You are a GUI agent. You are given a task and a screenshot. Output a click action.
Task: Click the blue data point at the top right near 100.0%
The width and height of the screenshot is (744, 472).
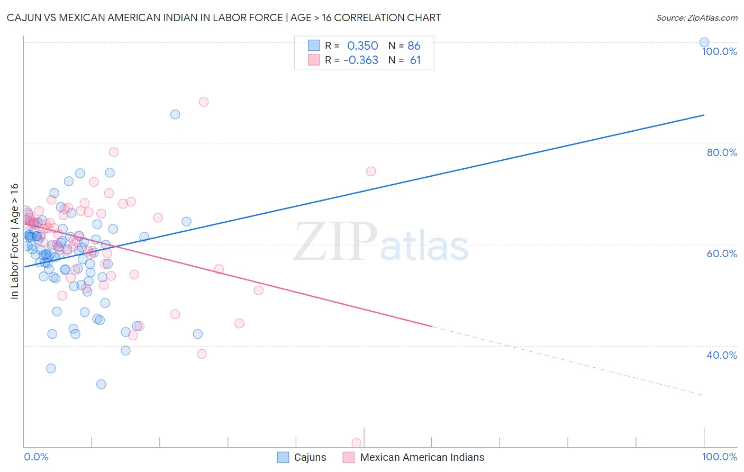704,42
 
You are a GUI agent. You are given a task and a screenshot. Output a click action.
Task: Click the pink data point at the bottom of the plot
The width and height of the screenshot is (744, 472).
357,443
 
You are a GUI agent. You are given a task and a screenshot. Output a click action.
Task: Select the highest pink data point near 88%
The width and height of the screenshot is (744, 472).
204,102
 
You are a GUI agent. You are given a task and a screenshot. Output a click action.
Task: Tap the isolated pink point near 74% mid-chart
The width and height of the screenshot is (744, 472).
371,171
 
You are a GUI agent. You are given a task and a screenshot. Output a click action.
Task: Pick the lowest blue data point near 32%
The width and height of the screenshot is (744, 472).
101,384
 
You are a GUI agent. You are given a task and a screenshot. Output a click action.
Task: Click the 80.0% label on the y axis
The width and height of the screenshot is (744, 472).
722,152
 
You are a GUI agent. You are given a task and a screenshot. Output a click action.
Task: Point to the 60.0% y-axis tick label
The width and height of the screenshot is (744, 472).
722,253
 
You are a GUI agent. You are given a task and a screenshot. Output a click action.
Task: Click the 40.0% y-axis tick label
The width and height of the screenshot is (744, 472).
722,355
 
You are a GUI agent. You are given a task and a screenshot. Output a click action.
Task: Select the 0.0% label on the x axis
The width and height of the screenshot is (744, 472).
36,457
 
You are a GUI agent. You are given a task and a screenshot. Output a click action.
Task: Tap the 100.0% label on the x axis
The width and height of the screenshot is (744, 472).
719,457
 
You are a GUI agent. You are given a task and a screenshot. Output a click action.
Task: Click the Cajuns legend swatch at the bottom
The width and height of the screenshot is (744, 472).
283,457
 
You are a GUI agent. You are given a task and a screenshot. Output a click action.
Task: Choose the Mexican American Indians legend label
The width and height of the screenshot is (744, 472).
422,457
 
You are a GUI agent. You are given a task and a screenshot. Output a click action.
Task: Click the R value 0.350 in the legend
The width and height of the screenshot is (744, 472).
362,46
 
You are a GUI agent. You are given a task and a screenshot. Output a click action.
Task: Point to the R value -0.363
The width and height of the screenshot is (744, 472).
361,60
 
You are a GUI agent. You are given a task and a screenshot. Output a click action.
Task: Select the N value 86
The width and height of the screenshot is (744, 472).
414,46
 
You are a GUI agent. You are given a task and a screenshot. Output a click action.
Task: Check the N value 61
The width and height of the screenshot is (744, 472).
415,60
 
